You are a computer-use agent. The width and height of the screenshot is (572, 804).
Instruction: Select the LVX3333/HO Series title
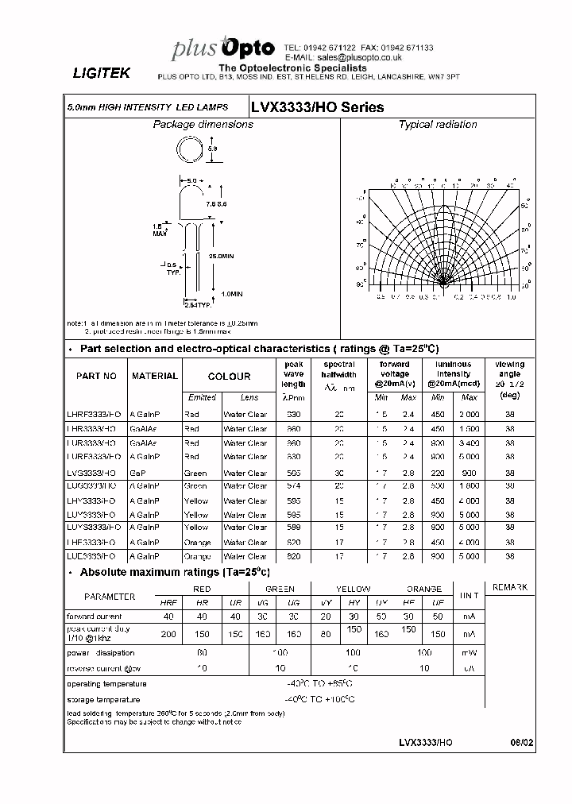(x=317, y=107)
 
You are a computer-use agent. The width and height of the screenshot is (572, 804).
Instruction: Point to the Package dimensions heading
(x=203, y=125)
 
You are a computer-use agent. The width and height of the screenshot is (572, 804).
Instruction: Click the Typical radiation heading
(x=437, y=125)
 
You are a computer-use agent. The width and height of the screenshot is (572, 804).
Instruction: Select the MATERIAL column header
(x=155, y=376)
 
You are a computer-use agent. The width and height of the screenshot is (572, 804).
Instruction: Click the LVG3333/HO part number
(x=94, y=474)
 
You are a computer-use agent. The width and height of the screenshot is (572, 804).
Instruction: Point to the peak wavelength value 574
(x=293, y=485)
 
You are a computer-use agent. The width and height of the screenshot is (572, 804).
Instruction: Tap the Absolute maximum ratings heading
(x=175, y=572)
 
